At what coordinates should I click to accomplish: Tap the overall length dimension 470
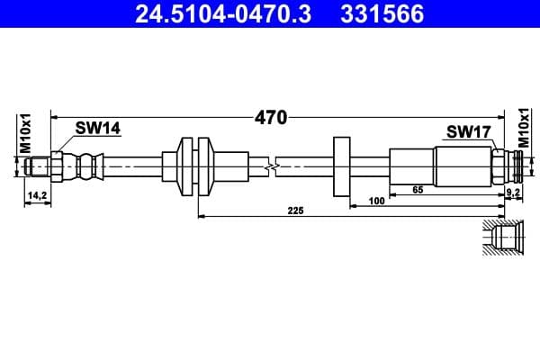pyautogui.click(x=270, y=117)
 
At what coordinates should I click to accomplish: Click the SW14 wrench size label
pyautogui.click(x=97, y=129)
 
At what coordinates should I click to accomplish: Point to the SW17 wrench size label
pyautogui.click(x=468, y=132)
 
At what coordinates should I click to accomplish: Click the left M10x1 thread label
pyautogui.click(x=26, y=132)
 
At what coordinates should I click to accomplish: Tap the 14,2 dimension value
pyautogui.click(x=37, y=194)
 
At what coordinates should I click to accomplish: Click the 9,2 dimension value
pyautogui.click(x=513, y=192)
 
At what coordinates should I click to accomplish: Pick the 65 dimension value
pyautogui.click(x=417, y=191)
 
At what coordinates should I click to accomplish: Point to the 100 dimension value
pyautogui.click(x=377, y=202)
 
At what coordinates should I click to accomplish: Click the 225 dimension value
pyautogui.click(x=295, y=211)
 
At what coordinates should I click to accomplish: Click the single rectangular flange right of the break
pyautogui.click(x=342, y=166)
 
